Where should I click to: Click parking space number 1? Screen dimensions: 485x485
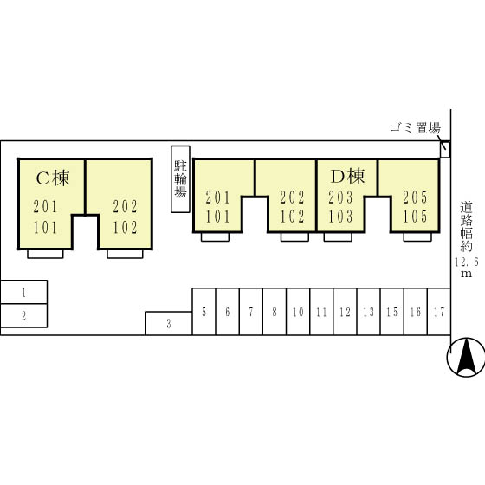click(x=24, y=292)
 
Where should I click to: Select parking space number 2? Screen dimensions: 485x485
click(x=24, y=315)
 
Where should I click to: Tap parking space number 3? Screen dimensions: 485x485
click(x=169, y=324)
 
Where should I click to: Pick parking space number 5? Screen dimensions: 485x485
click(x=204, y=312)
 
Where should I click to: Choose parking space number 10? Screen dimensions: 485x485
click(x=298, y=312)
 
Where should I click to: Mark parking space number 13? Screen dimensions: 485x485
click(x=369, y=312)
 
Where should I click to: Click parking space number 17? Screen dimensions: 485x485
click(x=439, y=312)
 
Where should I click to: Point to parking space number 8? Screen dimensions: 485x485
click(x=275, y=312)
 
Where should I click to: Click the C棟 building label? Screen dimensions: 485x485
click(x=53, y=178)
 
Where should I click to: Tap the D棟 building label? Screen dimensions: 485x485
click(x=347, y=177)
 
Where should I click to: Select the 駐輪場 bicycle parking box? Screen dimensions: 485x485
click(x=180, y=179)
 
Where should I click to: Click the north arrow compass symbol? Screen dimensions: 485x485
click(x=466, y=357)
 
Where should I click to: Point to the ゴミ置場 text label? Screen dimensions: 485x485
click(x=415, y=127)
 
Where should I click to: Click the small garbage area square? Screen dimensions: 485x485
click(x=445, y=149)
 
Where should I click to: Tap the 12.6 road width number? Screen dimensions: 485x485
click(x=466, y=262)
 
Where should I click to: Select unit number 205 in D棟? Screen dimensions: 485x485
click(x=415, y=197)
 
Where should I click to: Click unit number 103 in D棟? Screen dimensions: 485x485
click(x=340, y=217)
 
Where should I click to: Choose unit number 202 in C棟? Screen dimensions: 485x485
click(x=125, y=207)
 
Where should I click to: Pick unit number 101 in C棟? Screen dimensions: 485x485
click(x=45, y=227)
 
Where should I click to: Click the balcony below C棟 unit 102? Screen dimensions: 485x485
click(x=125, y=254)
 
